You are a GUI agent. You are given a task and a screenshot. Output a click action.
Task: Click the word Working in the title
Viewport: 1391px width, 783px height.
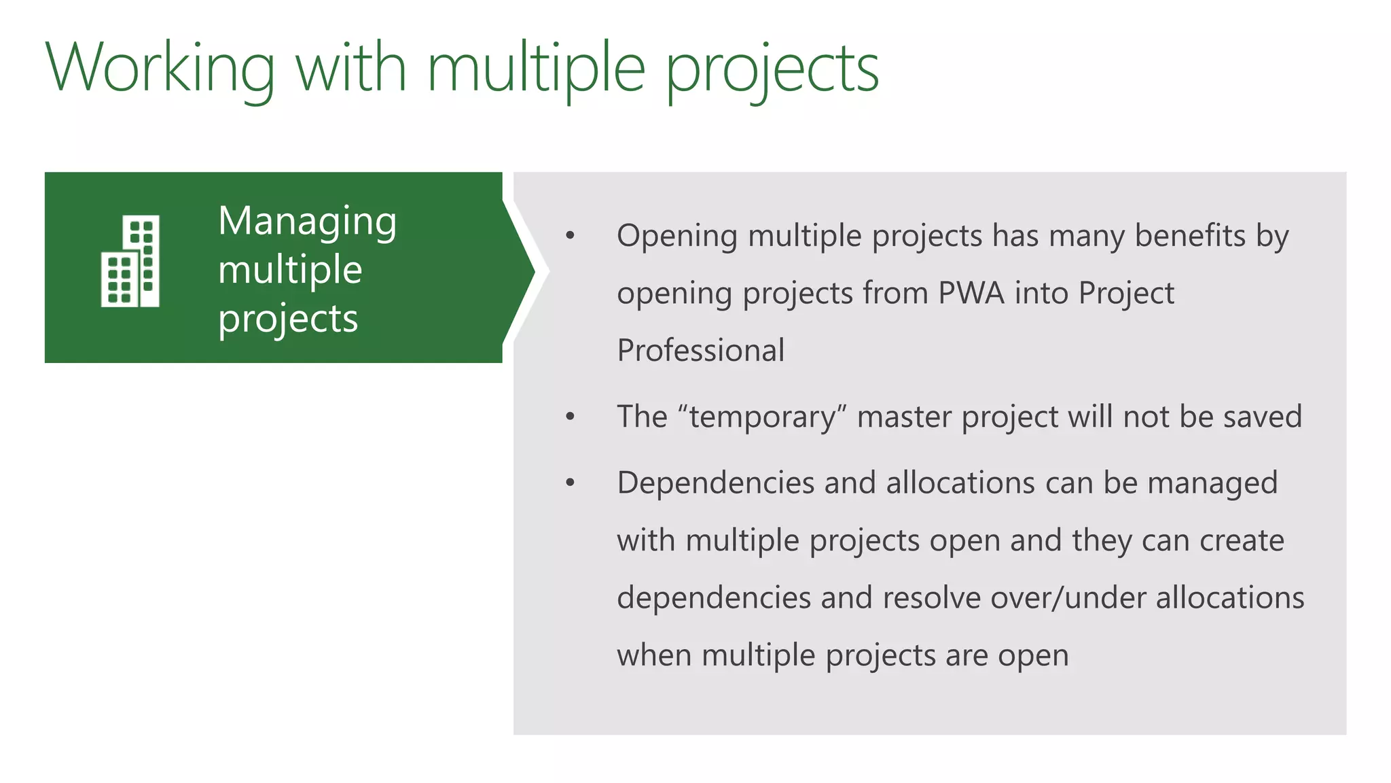pos(160,68)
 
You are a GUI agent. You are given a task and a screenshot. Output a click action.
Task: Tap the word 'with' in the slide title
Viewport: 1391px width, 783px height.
pos(351,68)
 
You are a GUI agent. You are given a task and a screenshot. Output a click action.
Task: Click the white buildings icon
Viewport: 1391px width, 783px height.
pos(130,261)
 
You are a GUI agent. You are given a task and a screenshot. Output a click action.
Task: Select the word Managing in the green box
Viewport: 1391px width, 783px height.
pos(307,222)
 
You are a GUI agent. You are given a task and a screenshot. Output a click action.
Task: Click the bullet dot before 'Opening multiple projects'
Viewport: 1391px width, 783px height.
pos(570,236)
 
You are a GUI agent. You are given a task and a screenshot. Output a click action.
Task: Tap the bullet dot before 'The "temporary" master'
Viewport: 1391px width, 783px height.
pos(570,417)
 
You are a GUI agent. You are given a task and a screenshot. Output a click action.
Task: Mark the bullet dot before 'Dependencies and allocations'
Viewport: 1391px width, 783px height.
pos(570,483)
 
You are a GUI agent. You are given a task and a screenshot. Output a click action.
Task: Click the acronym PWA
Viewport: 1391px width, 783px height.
pos(971,294)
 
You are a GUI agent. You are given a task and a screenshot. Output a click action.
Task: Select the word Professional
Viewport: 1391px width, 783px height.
pos(700,351)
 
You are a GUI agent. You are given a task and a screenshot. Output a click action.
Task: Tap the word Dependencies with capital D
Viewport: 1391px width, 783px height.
pos(715,483)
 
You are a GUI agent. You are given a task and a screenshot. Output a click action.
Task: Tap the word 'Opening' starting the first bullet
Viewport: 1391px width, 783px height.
pos(676,237)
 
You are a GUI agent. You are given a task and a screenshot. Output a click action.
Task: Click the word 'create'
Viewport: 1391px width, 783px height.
pos(1242,541)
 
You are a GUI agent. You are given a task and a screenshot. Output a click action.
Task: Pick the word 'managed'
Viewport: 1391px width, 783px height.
pos(1212,483)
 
